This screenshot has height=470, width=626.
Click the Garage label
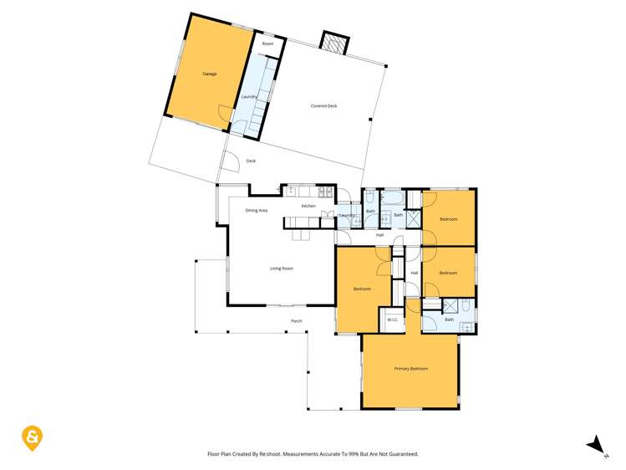209,74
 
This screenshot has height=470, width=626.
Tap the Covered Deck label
323,106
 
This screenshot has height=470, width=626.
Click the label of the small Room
267,43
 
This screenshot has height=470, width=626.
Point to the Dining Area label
257,211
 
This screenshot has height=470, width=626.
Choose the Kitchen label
308,206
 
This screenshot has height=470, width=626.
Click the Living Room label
281,268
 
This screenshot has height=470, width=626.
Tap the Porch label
296,321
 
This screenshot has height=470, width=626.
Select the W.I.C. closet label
392,319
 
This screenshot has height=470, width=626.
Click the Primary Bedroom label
410,368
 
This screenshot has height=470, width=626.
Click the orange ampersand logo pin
32,437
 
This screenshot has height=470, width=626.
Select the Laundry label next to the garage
248,97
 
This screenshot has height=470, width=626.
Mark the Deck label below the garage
250,161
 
